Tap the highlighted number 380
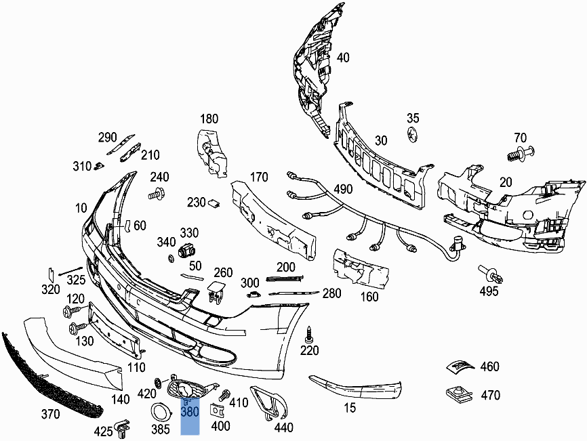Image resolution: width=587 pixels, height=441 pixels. [x=190, y=411]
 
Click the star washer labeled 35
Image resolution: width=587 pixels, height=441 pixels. [x=413, y=134]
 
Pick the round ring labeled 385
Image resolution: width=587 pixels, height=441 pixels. [x=160, y=411]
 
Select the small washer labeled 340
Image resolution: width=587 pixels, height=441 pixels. [x=170, y=259]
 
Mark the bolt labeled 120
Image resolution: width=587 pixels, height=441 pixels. [x=71, y=312]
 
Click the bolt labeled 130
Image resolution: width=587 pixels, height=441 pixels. [x=75, y=329]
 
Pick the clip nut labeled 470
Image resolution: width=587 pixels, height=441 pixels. [x=458, y=393]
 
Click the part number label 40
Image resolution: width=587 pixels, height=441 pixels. [x=343, y=58]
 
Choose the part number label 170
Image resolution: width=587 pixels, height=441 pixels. [x=259, y=178]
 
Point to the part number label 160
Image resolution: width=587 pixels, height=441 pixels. [x=369, y=296]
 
